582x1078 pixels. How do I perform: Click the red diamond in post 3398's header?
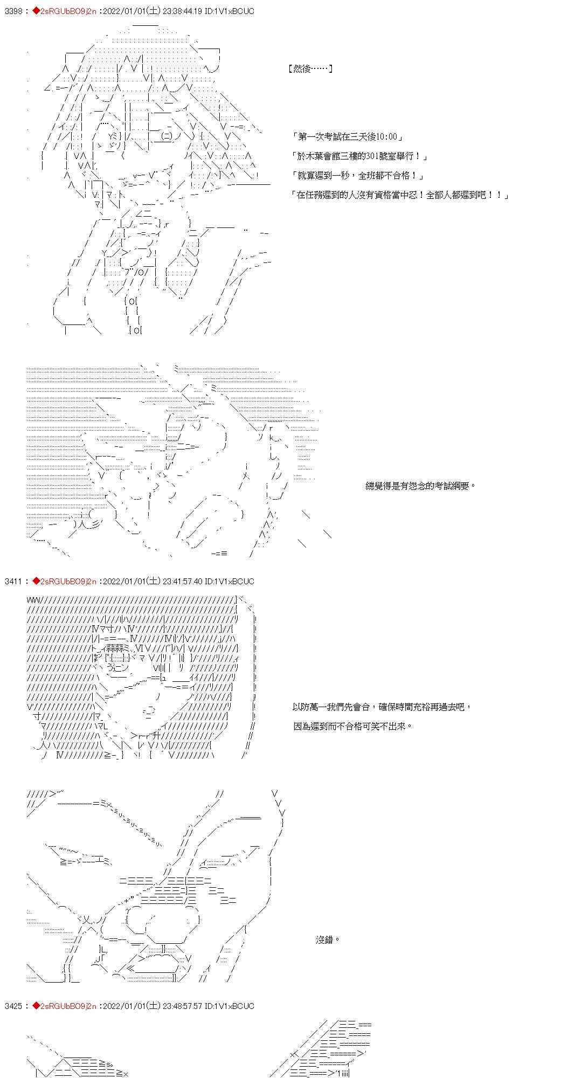[36, 11]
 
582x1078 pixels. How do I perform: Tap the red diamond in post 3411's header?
[36, 581]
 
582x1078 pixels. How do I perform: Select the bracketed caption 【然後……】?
[310, 68]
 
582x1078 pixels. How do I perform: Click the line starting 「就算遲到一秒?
[357, 176]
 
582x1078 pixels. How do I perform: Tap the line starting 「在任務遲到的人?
[400, 195]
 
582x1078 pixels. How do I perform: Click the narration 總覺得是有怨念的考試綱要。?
[421, 486]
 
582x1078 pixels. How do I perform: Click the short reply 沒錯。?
[328, 940]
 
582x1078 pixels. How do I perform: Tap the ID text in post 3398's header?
[234, 11]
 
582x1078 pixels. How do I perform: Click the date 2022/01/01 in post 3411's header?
[124, 581]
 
